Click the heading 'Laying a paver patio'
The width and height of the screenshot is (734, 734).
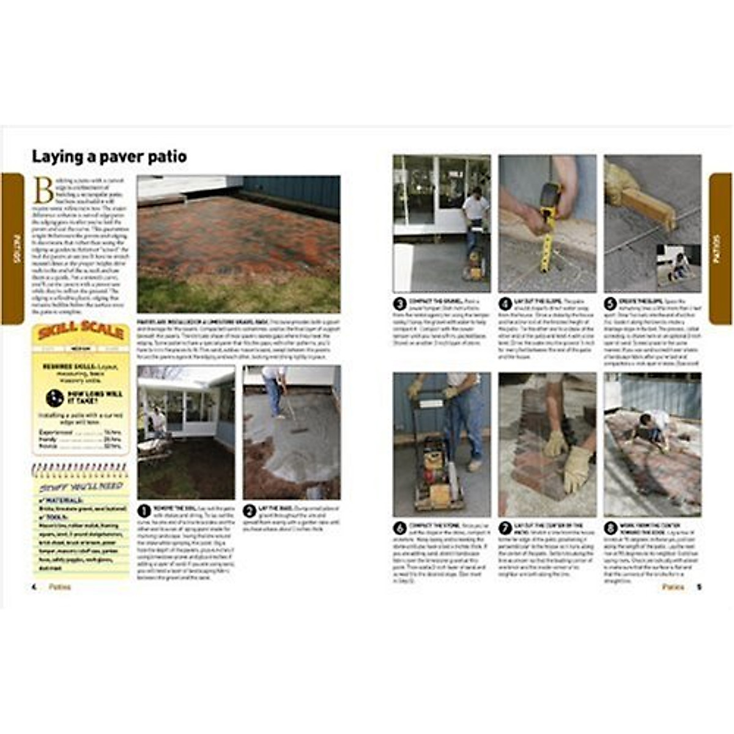pyautogui.click(x=109, y=157)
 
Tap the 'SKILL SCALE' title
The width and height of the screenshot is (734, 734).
pyautogui.click(x=81, y=333)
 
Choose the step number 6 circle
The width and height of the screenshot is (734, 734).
pyautogui.click(x=400, y=528)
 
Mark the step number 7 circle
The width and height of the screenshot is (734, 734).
pyautogui.click(x=506, y=528)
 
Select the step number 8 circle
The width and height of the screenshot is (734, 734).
pyautogui.click(x=611, y=528)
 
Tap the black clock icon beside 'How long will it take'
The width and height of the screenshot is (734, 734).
pyautogui.click(x=54, y=398)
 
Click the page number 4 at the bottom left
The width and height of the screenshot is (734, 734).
pyautogui.click(x=34, y=587)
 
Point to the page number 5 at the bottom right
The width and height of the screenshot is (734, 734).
pyautogui.click(x=699, y=587)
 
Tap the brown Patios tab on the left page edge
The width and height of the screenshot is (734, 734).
pyautogui.click(x=13, y=248)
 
